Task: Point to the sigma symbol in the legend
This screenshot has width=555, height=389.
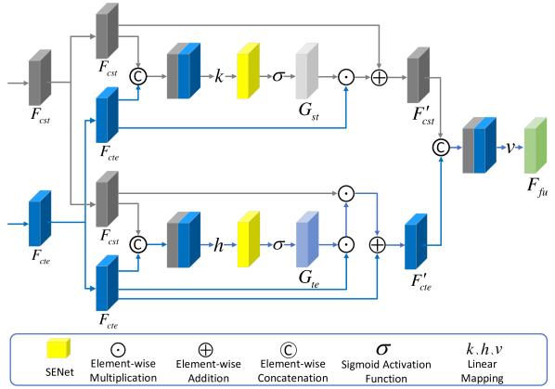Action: click(383, 349)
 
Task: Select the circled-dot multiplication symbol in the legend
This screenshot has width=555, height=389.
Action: click(118, 350)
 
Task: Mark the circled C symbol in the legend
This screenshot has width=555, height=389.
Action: click(289, 350)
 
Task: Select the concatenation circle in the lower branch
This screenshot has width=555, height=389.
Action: click(138, 244)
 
